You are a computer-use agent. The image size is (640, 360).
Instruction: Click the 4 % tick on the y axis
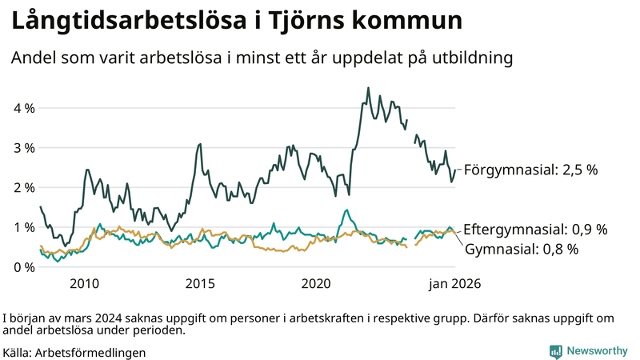(22, 108)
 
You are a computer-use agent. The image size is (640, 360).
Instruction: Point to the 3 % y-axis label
(22, 148)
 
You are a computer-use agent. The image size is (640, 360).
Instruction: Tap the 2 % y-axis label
(22, 187)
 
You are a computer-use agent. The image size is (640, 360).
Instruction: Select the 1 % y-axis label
(22, 227)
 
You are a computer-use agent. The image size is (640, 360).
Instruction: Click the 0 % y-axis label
(22, 266)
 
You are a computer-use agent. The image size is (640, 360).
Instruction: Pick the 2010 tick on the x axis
(84, 283)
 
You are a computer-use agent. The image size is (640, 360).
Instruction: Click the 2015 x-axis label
(200, 283)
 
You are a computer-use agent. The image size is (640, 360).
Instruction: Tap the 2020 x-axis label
(316, 283)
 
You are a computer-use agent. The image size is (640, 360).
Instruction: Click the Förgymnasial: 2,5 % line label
(530, 170)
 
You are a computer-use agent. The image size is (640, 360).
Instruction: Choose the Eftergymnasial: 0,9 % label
(535, 229)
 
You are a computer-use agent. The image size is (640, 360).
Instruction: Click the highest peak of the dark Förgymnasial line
(368, 88)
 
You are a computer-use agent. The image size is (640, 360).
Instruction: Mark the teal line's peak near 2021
(346, 210)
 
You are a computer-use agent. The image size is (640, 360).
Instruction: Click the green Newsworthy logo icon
(555, 351)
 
